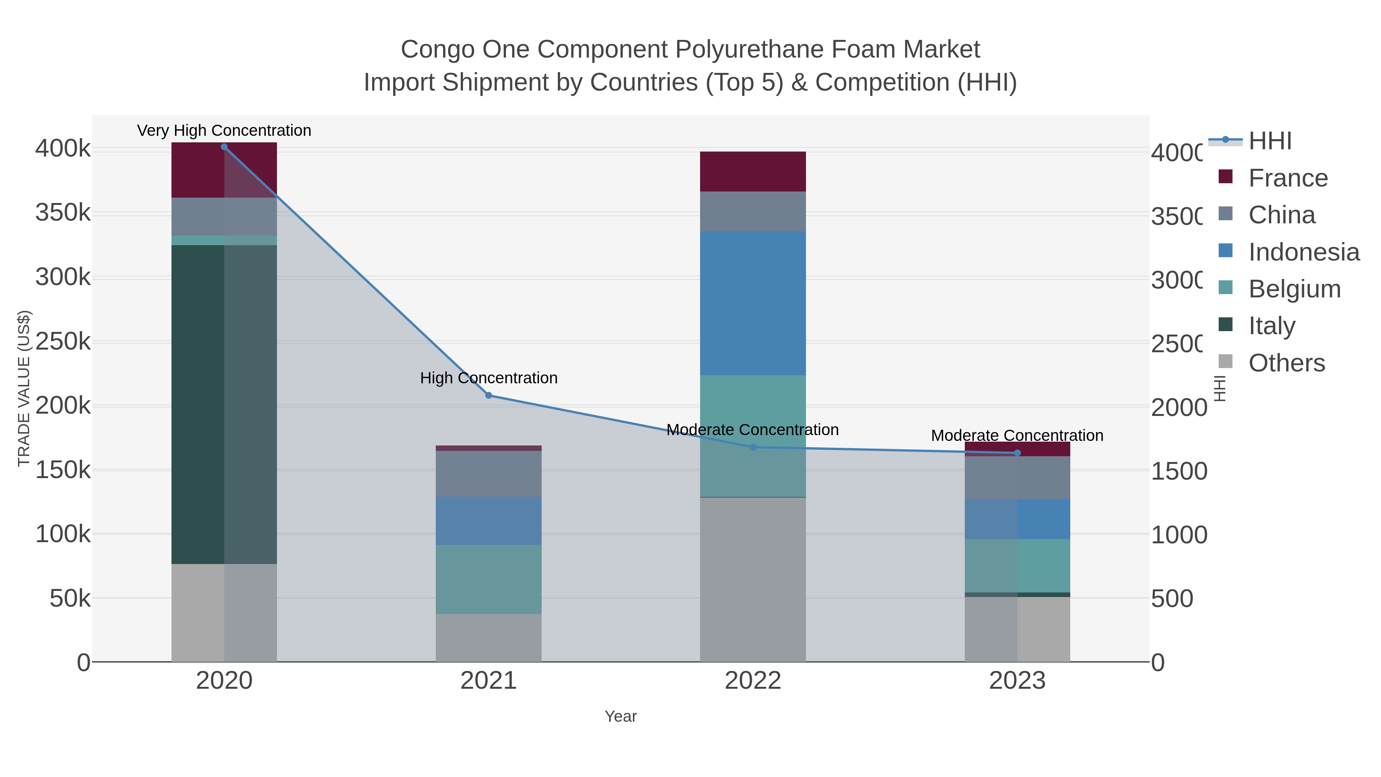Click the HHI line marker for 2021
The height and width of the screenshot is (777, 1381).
click(488, 396)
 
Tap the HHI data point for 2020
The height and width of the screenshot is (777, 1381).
click(224, 147)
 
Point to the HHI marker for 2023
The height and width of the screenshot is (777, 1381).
click(1017, 453)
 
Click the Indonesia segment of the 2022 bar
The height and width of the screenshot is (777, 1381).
click(753, 303)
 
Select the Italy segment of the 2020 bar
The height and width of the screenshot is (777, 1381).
click(224, 404)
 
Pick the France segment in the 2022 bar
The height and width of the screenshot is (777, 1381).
click(753, 172)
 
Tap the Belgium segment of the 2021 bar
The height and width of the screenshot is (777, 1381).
click(488, 579)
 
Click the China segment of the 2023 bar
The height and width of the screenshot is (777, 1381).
click(1017, 478)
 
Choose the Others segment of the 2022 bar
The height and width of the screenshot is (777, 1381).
click(753, 579)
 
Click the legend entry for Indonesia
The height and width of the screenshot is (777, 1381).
click(1303, 252)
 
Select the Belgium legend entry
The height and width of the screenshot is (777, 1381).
click(1294, 289)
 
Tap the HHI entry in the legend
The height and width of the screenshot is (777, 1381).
click(1269, 141)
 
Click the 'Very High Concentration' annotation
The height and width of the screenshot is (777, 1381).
click(224, 131)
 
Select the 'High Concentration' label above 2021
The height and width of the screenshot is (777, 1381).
click(488, 378)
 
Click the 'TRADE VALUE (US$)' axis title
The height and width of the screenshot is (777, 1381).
click(24, 388)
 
